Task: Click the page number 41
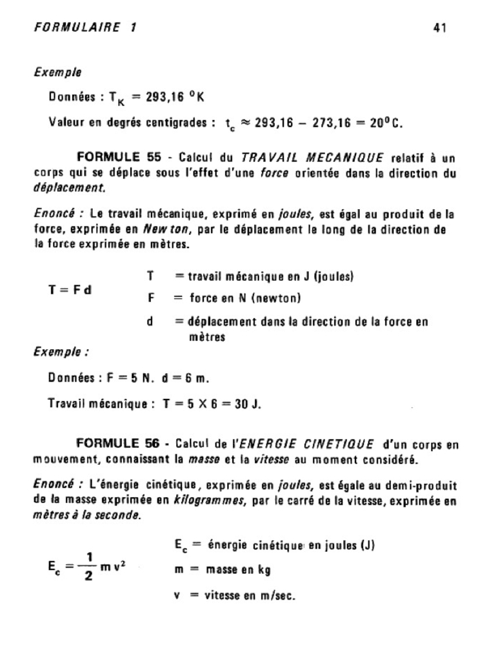441,28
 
